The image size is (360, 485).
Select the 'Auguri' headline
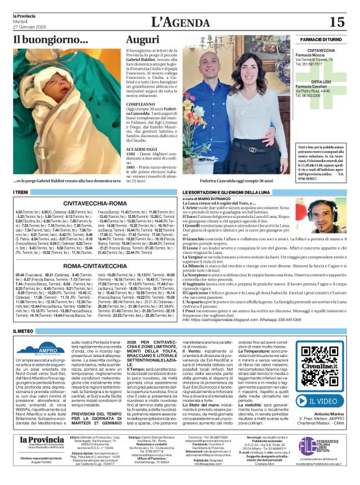(x=142, y=40)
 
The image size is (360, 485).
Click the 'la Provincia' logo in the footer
(x=37, y=458)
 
